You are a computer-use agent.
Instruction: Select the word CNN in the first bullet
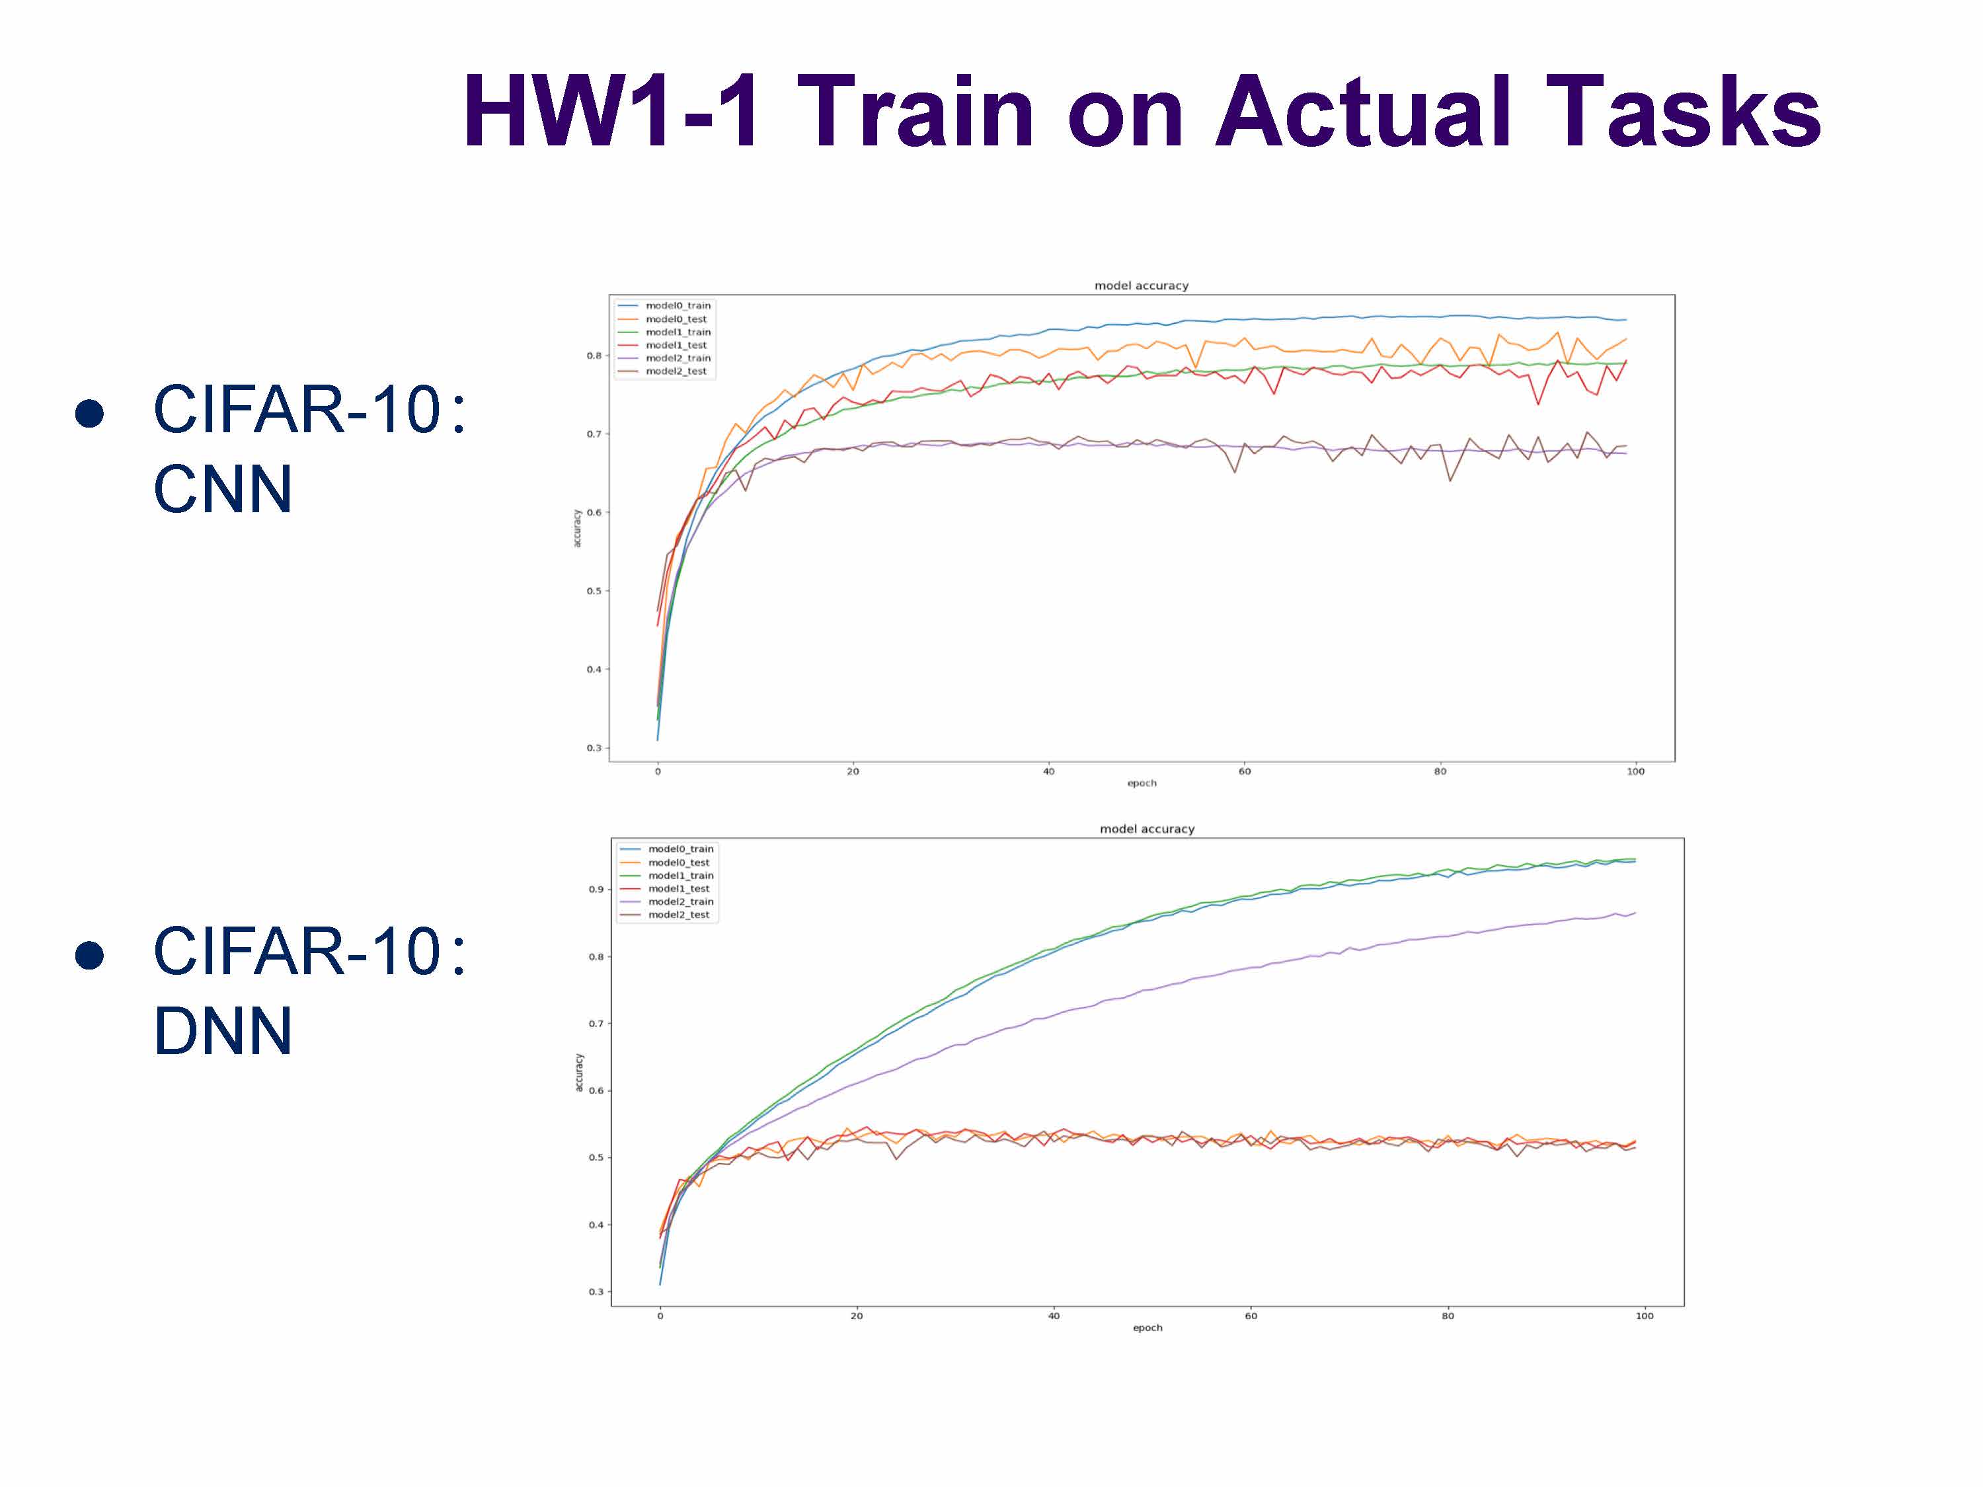pyautogui.click(x=222, y=490)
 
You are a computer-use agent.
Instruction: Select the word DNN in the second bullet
pyautogui.click(x=222, y=1031)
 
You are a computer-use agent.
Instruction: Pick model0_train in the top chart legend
pyautogui.click(x=678, y=305)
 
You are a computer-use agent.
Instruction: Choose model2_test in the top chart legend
pyautogui.click(x=676, y=371)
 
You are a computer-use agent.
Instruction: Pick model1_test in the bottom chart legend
pyautogui.click(x=679, y=888)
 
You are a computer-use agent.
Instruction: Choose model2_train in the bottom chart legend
pyautogui.click(x=680, y=901)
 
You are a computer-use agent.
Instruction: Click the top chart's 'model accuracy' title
pyautogui.click(x=1141, y=286)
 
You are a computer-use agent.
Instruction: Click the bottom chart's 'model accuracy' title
pyautogui.click(x=1147, y=829)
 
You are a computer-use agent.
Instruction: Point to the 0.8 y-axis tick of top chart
pyautogui.click(x=594, y=356)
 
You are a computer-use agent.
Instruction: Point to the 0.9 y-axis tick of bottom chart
pyautogui.click(x=596, y=889)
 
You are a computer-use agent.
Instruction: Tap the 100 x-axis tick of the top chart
pyautogui.click(x=1635, y=771)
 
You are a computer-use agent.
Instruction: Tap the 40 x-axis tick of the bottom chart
pyautogui.click(x=1054, y=1316)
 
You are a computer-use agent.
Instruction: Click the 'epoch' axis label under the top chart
pyautogui.click(x=1141, y=783)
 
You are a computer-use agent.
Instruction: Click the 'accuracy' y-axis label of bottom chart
pyautogui.click(x=578, y=1072)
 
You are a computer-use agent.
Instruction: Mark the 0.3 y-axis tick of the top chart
pyautogui.click(x=594, y=747)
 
